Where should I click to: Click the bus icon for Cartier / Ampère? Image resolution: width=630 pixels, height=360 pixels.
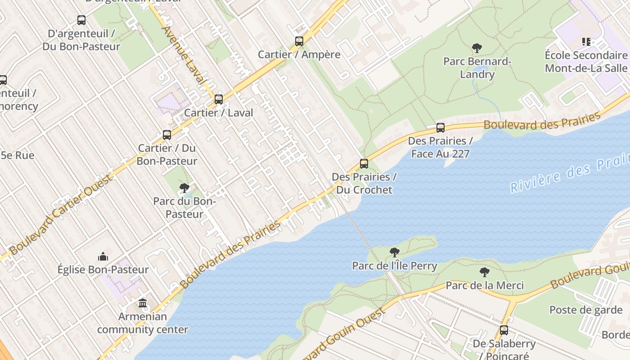click(x=299, y=41)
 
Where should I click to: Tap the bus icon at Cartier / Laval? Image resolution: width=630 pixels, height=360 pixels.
click(x=219, y=99)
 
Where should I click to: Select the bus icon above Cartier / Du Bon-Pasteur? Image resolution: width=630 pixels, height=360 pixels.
click(x=167, y=135)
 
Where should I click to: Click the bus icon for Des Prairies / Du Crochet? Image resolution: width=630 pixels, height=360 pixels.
click(x=364, y=164)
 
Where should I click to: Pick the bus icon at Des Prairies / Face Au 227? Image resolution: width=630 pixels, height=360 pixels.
click(x=441, y=128)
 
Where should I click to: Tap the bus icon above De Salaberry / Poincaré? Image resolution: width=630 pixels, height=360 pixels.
click(x=504, y=330)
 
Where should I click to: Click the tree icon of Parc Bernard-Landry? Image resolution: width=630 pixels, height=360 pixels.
click(x=477, y=48)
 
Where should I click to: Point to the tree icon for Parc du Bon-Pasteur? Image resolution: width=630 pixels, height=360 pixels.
click(x=184, y=188)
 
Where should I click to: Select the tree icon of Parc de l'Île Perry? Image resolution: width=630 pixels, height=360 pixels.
click(x=395, y=252)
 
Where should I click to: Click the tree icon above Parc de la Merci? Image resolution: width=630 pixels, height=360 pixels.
click(x=485, y=272)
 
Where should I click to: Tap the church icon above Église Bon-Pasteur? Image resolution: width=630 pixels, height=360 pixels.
click(x=103, y=256)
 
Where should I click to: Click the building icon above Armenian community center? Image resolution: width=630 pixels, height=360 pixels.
click(x=143, y=303)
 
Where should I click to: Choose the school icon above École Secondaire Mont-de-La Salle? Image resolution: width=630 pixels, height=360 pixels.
click(x=586, y=42)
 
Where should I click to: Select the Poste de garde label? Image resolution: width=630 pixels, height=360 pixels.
click(x=585, y=310)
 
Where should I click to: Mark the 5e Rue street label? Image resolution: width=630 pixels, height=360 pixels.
click(x=18, y=155)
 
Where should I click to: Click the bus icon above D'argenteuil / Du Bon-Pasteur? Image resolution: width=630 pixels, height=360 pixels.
click(x=81, y=20)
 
